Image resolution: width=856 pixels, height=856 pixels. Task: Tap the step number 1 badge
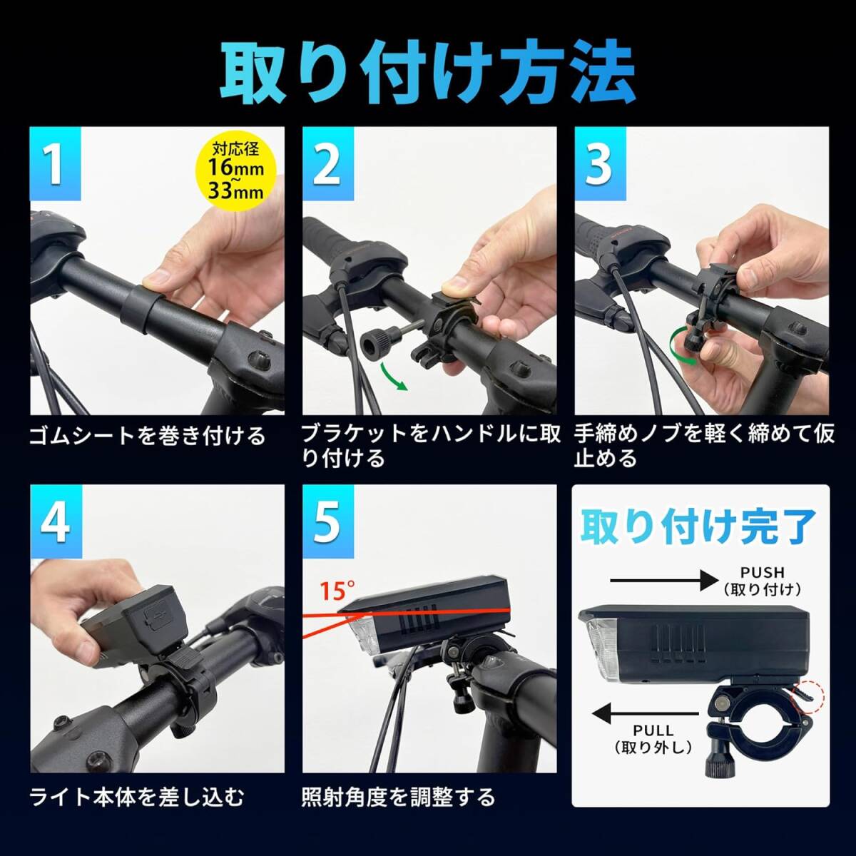pyautogui.click(x=56, y=164)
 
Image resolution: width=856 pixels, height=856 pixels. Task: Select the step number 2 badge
pyautogui.click(x=328, y=164)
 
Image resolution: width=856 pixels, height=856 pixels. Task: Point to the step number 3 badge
pyautogui.click(x=600, y=164)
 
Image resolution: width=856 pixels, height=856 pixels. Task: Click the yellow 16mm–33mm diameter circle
pyautogui.click(x=236, y=171)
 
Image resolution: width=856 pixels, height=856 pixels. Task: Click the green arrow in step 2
pyautogui.click(x=394, y=377)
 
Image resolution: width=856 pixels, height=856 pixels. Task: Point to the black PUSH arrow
pyautogui.click(x=664, y=581)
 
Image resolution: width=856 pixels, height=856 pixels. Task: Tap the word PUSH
pyautogui.click(x=763, y=572)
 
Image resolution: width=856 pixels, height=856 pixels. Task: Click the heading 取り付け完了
pyautogui.click(x=699, y=528)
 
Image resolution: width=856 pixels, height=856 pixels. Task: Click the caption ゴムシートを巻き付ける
pyautogui.click(x=148, y=436)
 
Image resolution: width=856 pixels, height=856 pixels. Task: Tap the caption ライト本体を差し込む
pyautogui.click(x=137, y=797)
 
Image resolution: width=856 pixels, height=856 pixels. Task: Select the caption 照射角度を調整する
pyautogui.click(x=399, y=797)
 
